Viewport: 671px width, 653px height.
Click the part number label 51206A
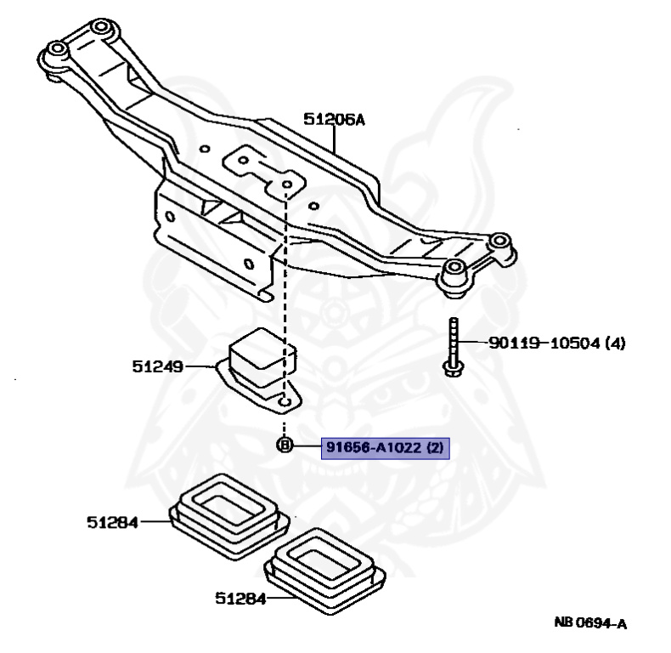333,120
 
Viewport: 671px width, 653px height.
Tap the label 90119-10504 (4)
556,344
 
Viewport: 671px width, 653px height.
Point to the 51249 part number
158,366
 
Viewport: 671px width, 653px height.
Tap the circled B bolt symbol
286,446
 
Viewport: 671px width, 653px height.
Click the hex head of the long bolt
450,368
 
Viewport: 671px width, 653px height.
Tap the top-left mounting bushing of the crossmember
58,52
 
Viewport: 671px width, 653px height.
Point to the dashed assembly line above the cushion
286,272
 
